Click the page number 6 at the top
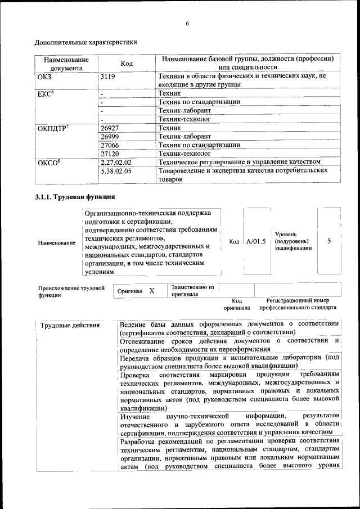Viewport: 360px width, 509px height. click(x=187, y=22)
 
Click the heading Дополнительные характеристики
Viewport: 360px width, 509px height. click(x=85, y=42)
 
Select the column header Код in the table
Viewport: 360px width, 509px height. click(x=127, y=64)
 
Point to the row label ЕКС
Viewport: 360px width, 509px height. click(x=46, y=93)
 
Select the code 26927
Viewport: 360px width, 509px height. click(x=110, y=128)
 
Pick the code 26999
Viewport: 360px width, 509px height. click(x=110, y=137)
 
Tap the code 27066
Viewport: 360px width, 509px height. click(x=110, y=145)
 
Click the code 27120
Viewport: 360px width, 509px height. click(x=110, y=153)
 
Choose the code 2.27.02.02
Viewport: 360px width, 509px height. click(x=115, y=161)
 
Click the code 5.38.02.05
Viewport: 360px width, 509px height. click(x=115, y=170)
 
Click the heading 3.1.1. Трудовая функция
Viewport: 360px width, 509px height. click(x=75, y=197)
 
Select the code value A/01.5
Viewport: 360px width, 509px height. click(x=255, y=241)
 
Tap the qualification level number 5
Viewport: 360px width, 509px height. click(x=328, y=241)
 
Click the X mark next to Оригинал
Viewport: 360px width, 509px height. click(x=152, y=291)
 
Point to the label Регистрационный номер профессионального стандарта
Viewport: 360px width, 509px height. click(x=298, y=304)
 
